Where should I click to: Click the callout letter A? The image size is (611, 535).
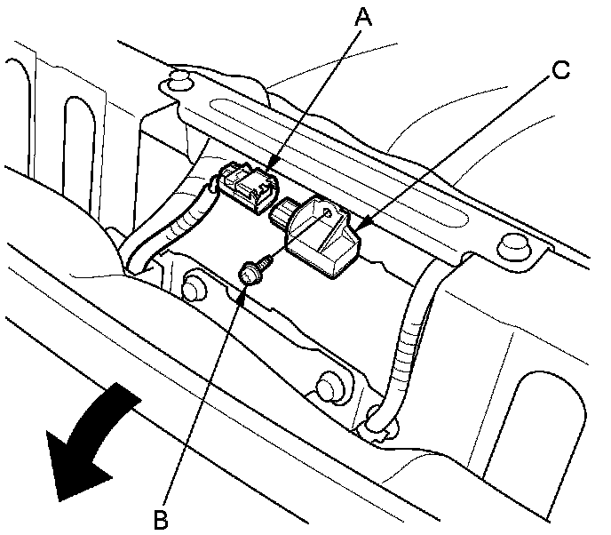pyautogui.click(x=363, y=18)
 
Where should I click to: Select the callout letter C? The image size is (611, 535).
pyautogui.click(x=561, y=70)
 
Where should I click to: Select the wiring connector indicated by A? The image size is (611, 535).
pyautogui.click(x=249, y=188)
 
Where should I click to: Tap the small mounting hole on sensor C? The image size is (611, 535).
pyautogui.click(x=329, y=212)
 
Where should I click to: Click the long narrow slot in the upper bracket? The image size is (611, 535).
pyautogui.click(x=338, y=163)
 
